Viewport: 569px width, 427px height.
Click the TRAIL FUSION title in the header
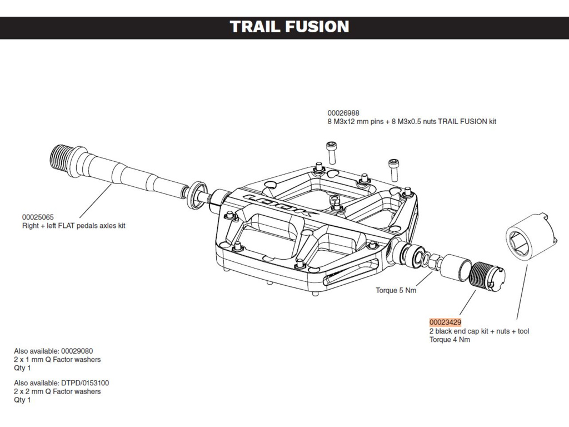click(290, 27)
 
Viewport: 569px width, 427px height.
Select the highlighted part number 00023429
click(445, 322)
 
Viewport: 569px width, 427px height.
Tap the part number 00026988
click(343, 113)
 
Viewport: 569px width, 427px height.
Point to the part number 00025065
click(38, 217)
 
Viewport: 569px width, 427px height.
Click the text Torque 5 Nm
click(396, 290)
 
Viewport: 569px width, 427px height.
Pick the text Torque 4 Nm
click(450, 340)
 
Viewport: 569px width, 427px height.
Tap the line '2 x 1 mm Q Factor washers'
click(57, 360)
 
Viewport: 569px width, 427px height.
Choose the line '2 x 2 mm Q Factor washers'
click(57, 391)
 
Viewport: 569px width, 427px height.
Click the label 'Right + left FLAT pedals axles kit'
click(74, 226)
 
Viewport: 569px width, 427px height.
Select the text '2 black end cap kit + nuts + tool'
click(479, 331)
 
